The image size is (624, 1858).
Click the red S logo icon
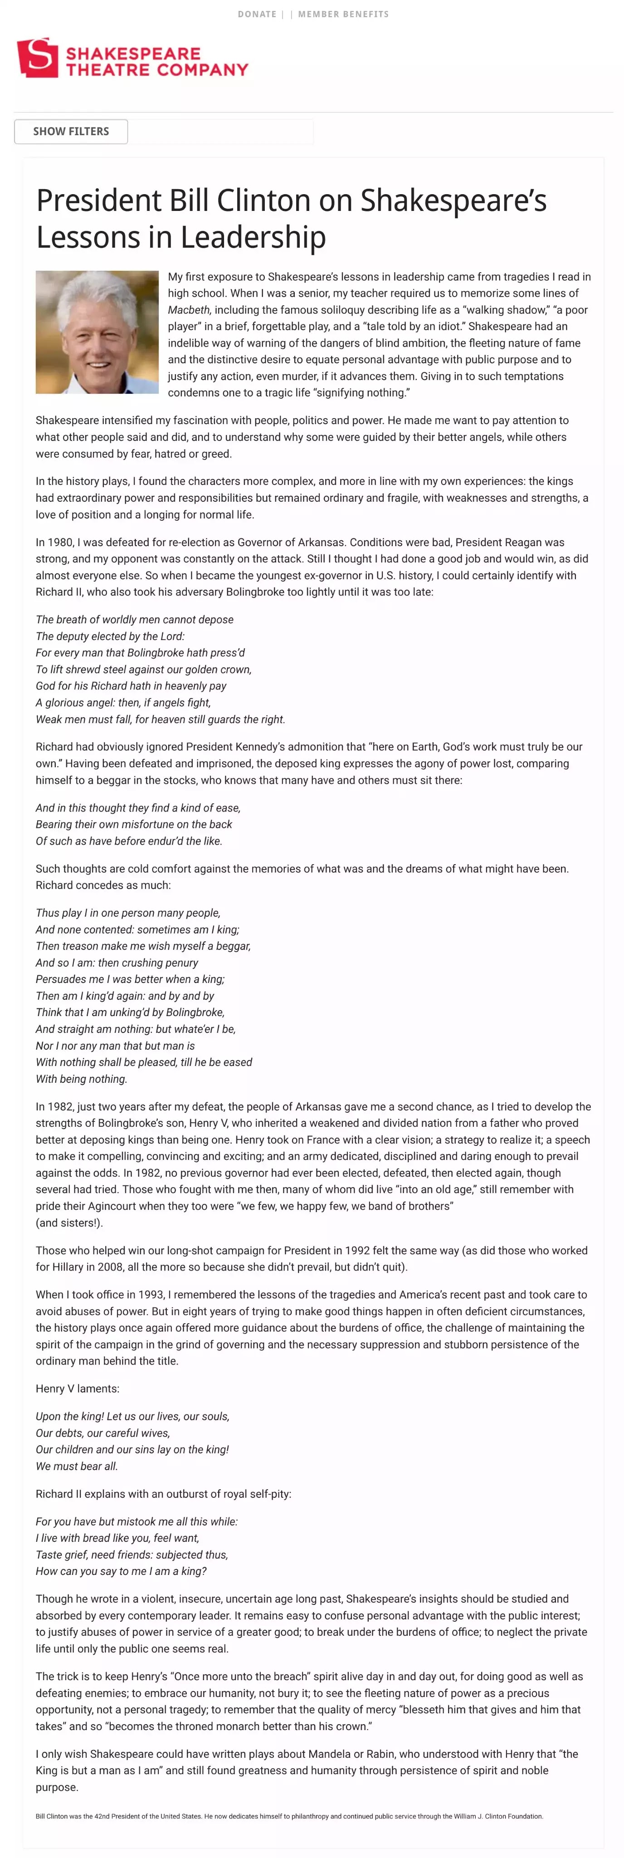pyautogui.click(x=38, y=58)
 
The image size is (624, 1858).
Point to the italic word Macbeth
pyautogui.click(x=189, y=310)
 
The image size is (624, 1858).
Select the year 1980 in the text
pyautogui.click(x=60, y=543)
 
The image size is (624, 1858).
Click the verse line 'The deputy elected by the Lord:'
pyautogui.click(x=110, y=636)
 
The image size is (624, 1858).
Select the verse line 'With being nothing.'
pyautogui.click(x=82, y=1079)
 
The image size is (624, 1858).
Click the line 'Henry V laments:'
pyautogui.click(x=77, y=1389)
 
